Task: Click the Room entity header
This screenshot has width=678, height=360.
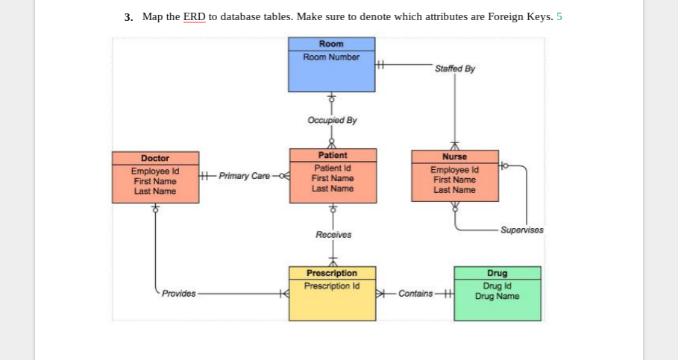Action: click(x=331, y=44)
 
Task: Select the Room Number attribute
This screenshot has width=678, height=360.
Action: click(x=331, y=57)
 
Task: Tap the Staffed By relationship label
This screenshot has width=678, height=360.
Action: click(x=454, y=69)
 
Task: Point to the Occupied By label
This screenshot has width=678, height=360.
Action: click(x=332, y=120)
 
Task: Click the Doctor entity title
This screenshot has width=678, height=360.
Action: click(x=155, y=158)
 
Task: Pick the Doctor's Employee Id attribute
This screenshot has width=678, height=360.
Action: click(x=155, y=171)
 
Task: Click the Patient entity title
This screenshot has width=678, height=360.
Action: click(x=332, y=155)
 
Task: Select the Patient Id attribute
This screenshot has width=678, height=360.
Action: click(x=332, y=168)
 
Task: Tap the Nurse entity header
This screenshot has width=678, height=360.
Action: click(x=454, y=157)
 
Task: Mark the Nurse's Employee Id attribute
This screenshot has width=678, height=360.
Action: click(x=454, y=171)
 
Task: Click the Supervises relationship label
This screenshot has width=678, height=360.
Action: click(x=522, y=230)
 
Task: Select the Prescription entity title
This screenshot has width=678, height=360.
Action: click(x=332, y=274)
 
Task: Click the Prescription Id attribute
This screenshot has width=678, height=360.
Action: click(x=332, y=285)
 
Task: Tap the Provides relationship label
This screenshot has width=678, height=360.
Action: click(x=179, y=294)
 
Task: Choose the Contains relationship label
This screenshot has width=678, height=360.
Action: click(x=415, y=294)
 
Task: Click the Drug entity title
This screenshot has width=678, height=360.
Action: click(x=497, y=274)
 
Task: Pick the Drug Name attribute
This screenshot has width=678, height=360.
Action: click(x=497, y=296)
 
